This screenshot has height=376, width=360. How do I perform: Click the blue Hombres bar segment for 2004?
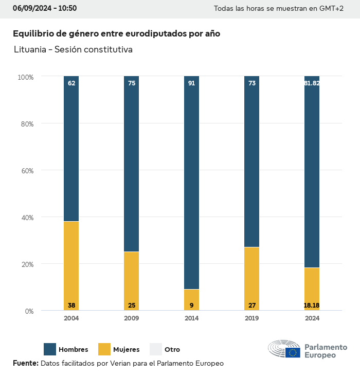(x=71, y=149)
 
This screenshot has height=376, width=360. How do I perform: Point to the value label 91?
(x=191, y=83)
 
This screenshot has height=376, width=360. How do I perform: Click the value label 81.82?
(x=312, y=83)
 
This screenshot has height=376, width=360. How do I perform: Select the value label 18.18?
(x=312, y=306)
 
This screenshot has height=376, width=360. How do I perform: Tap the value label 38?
(x=71, y=306)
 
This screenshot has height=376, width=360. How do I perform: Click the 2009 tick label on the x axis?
(x=132, y=318)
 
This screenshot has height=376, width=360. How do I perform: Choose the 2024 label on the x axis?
(x=312, y=318)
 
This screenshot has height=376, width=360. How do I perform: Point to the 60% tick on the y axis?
(x=26, y=170)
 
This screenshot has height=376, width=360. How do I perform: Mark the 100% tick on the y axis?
(x=25, y=77)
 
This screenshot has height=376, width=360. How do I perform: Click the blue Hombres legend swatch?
(x=50, y=349)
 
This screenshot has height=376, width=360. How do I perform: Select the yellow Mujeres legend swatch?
(x=104, y=349)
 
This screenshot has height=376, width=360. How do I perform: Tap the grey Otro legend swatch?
(x=155, y=349)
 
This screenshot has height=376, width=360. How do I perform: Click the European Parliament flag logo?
(x=293, y=352)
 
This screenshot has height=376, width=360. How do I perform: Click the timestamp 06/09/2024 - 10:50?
(x=45, y=8)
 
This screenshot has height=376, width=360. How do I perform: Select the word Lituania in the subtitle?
(x=30, y=50)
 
